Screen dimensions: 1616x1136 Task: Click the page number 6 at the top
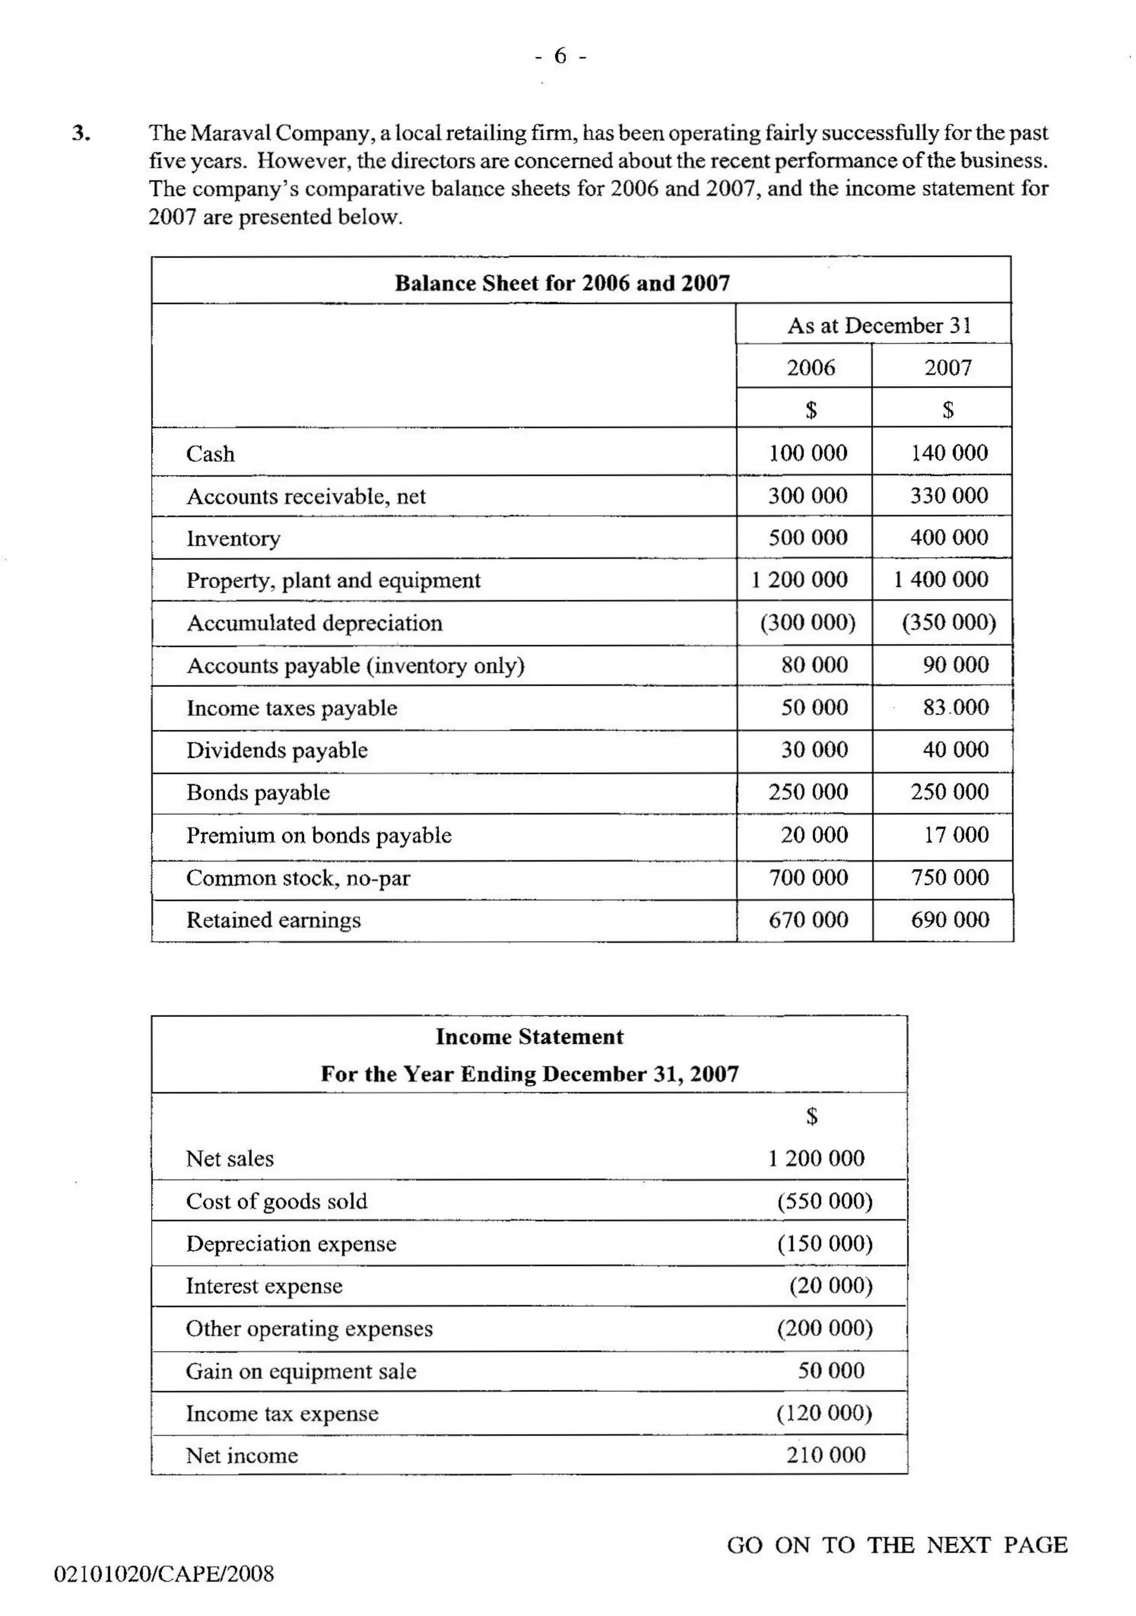(x=560, y=55)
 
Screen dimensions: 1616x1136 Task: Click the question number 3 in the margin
(x=81, y=133)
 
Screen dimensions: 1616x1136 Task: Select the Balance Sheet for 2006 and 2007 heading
(x=562, y=283)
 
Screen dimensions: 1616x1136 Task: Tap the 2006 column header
(x=810, y=367)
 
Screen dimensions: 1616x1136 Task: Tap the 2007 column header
(x=947, y=367)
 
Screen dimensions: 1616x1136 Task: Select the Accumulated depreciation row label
(x=314, y=623)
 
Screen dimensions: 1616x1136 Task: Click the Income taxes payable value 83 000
(x=955, y=707)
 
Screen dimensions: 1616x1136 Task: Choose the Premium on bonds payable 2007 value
(x=956, y=835)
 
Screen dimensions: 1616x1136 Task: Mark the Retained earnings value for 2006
(x=808, y=920)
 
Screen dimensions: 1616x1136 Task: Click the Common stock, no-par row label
(x=298, y=878)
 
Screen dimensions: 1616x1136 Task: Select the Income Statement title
(x=529, y=1037)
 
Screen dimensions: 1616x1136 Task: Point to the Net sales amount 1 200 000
(x=816, y=1158)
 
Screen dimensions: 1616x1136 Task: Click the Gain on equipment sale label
(x=301, y=1371)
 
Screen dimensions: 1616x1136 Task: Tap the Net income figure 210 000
(x=825, y=1456)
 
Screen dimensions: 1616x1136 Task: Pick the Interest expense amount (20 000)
(x=830, y=1286)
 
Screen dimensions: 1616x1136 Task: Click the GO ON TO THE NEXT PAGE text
(x=897, y=1545)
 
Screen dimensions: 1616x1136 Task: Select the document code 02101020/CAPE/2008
(x=164, y=1574)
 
